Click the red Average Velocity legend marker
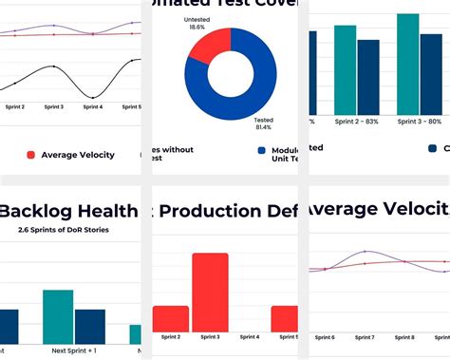click(31, 155)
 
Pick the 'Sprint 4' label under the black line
click(92, 107)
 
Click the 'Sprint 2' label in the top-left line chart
click(13, 107)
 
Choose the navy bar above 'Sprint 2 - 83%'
click(368, 77)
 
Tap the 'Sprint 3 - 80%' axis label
click(419, 122)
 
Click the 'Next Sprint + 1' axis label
click(73, 351)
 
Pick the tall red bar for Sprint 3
click(210, 292)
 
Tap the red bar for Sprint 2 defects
click(170, 318)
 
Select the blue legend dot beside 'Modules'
click(261, 150)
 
